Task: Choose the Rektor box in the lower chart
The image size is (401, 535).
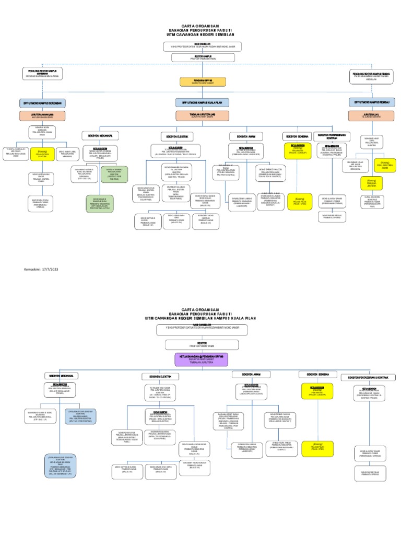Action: tap(200, 345)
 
